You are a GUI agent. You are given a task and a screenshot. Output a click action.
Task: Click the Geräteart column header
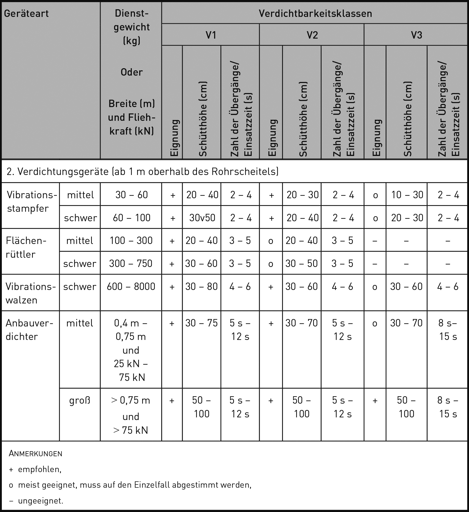click(26, 13)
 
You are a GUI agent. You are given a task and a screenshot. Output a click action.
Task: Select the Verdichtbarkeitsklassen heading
click(315, 13)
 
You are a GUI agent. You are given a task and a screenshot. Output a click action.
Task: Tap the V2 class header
click(312, 35)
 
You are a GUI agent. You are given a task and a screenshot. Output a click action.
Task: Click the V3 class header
click(416, 35)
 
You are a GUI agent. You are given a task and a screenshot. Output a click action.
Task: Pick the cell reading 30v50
click(202, 218)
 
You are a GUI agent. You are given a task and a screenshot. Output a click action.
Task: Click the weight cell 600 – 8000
click(131, 286)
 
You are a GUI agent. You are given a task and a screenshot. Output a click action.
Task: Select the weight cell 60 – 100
click(131, 218)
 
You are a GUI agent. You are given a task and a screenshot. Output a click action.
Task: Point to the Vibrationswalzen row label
click(30, 293)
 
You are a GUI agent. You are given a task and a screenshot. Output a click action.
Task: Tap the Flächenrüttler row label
click(26, 247)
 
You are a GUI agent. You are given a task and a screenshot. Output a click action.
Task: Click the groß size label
click(80, 400)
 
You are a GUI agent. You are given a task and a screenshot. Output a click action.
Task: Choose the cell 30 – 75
click(201, 323)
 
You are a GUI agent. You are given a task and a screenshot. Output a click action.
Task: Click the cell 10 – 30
click(407, 195)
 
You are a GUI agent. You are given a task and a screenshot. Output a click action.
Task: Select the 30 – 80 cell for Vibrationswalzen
click(201, 286)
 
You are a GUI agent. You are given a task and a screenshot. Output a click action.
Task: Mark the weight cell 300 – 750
click(131, 263)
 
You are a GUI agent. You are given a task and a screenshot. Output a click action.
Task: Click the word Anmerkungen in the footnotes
click(35, 454)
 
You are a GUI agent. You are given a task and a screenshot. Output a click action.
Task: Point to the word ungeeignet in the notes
click(40, 501)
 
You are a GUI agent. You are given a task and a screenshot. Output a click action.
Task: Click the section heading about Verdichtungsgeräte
click(142, 172)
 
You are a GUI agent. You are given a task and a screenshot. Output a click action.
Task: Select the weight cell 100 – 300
click(131, 241)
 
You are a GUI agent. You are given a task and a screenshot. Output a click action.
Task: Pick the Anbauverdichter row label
click(29, 330)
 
